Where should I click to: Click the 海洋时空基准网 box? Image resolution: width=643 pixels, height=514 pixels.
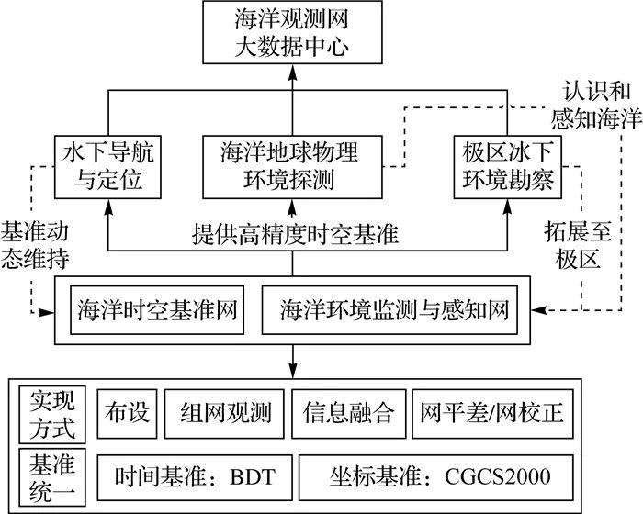pyautogui.click(x=157, y=311)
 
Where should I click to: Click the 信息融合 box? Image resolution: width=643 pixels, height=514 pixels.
pyautogui.click(x=348, y=413)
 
